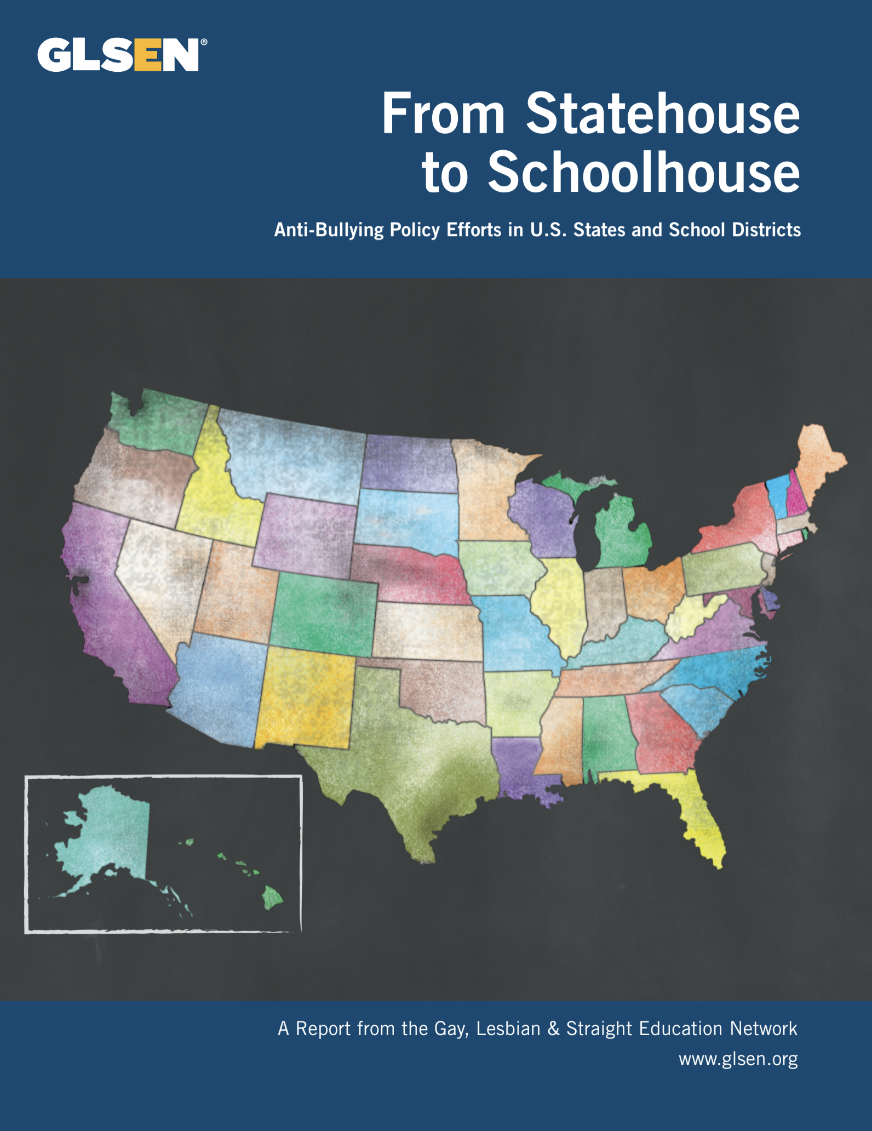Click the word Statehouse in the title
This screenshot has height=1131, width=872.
coord(663,113)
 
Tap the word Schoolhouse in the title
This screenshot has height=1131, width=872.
coord(644,172)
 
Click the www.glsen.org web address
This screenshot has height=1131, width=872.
coord(738,1059)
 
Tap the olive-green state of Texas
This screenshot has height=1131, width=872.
coord(416,767)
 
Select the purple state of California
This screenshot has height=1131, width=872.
coord(110,614)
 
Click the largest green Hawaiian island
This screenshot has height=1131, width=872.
coord(272,898)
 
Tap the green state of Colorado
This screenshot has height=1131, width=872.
coord(323,614)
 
